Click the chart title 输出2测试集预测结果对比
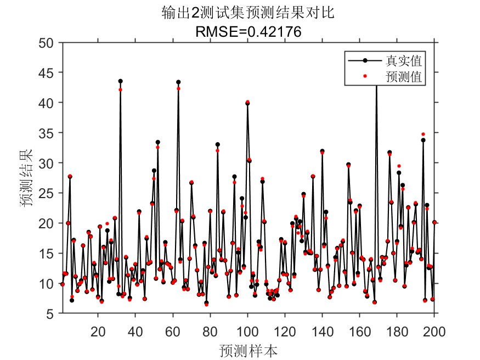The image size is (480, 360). pyautogui.click(x=249, y=13)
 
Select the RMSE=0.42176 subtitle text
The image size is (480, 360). pyautogui.click(x=249, y=32)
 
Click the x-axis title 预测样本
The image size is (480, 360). pyautogui.click(x=249, y=350)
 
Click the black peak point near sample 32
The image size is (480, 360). pyautogui.click(x=120, y=81)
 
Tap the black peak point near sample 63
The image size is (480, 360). pyautogui.click(x=178, y=82)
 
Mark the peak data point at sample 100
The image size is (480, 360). pyautogui.click(x=247, y=103)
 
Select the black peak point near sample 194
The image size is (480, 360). pyautogui.click(x=423, y=140)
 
